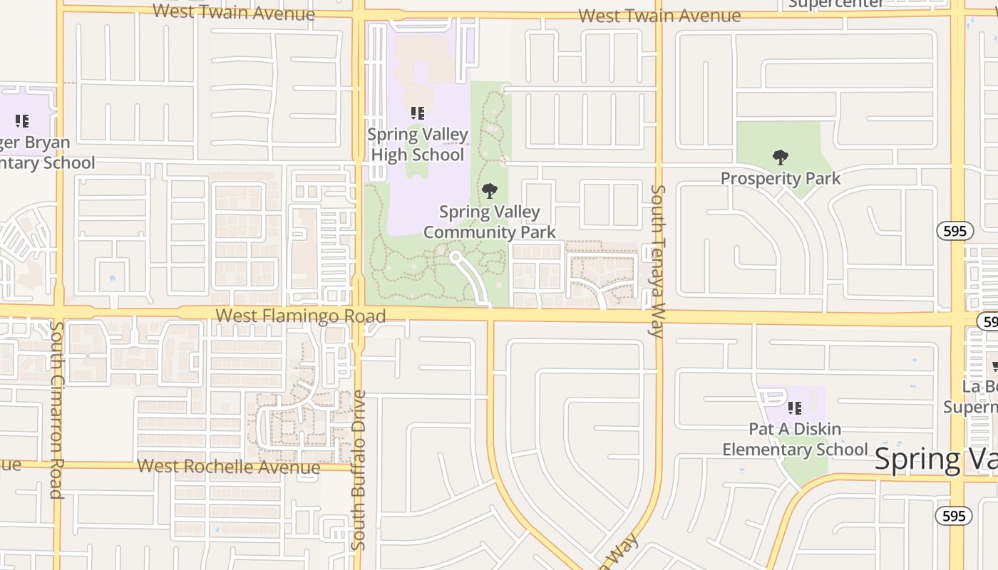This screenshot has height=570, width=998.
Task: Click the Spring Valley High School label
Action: click(x=418, y=145)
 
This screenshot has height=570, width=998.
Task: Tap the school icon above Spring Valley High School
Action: click(x=418, y=113)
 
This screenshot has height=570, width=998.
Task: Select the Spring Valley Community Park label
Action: click(x=490, y=222)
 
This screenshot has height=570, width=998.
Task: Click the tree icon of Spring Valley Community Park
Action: click(x=490, y=190)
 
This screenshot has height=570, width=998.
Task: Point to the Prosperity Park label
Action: click(x=781, y=178)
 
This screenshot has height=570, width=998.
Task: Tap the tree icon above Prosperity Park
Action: click(x=781, y=157)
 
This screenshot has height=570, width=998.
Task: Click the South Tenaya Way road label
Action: click(x=657, y=260)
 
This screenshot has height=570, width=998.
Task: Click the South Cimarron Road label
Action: click(x=58, y=410)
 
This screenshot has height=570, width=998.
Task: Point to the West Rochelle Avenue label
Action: click(x=228, y=467)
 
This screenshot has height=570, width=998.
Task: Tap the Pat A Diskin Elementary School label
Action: click(x=795, y=440)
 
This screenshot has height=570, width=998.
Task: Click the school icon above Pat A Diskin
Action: click(x=795, y=408)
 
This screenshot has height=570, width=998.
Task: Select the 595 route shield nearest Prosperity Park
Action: click(x=955, y=231)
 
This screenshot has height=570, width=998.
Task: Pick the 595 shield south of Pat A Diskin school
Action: click(x=954, y=515)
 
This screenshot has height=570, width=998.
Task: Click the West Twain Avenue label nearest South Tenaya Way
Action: click(x=659, y=16)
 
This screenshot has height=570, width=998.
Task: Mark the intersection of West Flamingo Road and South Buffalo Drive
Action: click(x=359, y=314)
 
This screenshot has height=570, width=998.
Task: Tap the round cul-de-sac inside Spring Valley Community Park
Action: click(x=455, y=257)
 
